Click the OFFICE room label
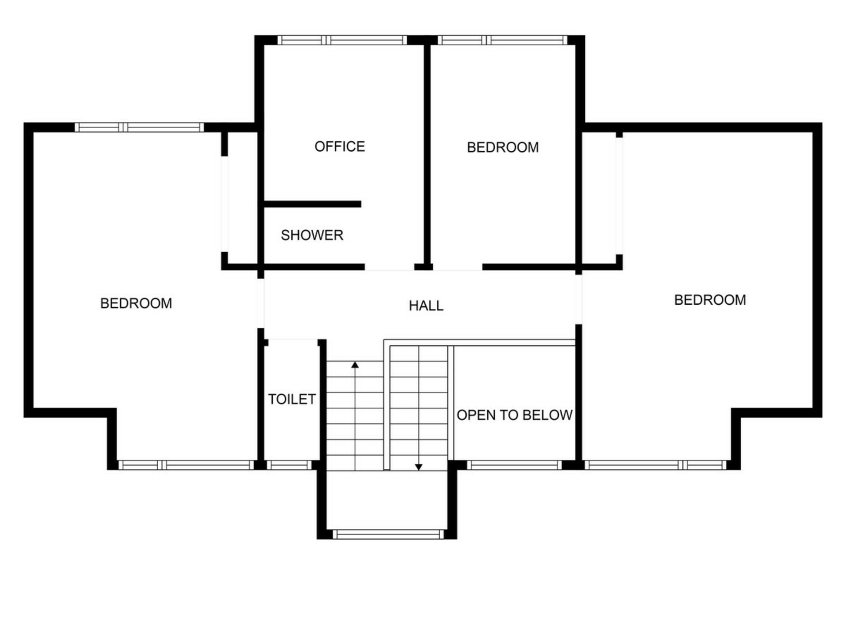click(x=340, y=146)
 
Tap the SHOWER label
click(x=312, y=235)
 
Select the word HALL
click(x=426, y=306)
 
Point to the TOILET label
click(x=292, y=399)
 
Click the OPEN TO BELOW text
click(x=515, y=415)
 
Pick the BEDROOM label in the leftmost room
click(x=136, y=303)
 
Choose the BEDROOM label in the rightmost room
click(x=710, y=300)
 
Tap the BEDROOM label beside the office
click(x=503, y=147)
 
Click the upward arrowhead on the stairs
click(x=355, y=365)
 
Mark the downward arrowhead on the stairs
click(x=419, y=467)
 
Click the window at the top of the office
click(x=342, y=40)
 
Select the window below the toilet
click(x=289, y=465)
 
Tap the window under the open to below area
click(x=514, y=465)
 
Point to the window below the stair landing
click(x=388, y=534)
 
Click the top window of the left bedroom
click(x=139, y=127)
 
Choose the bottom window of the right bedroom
click(x=656, y=465)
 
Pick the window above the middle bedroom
click(x=502, y=40)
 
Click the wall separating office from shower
click(x=312, y=204)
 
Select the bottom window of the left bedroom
click(x=186, y=465)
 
